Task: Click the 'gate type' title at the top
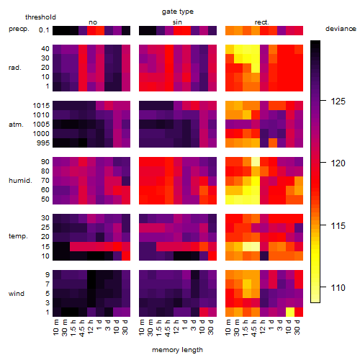coord(178,12)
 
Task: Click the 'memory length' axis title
coord(177,350)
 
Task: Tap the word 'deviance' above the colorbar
coord(341,29)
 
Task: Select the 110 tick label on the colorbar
coord(338,287)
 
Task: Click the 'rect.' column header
coord(262,22)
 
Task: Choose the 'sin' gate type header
coord(177,22)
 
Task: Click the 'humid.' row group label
coord(20,181)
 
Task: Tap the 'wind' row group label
coord(17,294)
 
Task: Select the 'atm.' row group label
coord(16,125)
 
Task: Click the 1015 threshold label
coord(41,106)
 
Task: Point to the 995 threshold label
coord(43,143)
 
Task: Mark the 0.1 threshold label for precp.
coord(44,30)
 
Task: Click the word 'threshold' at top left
coord(40,17)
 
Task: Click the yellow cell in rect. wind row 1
coord(290,312)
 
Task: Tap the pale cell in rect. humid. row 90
coord(256,162)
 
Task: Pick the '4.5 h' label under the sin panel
coord(168,328)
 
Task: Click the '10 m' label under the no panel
coord(55,328)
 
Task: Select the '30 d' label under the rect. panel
coord(297,328)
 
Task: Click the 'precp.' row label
coord(19,29)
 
